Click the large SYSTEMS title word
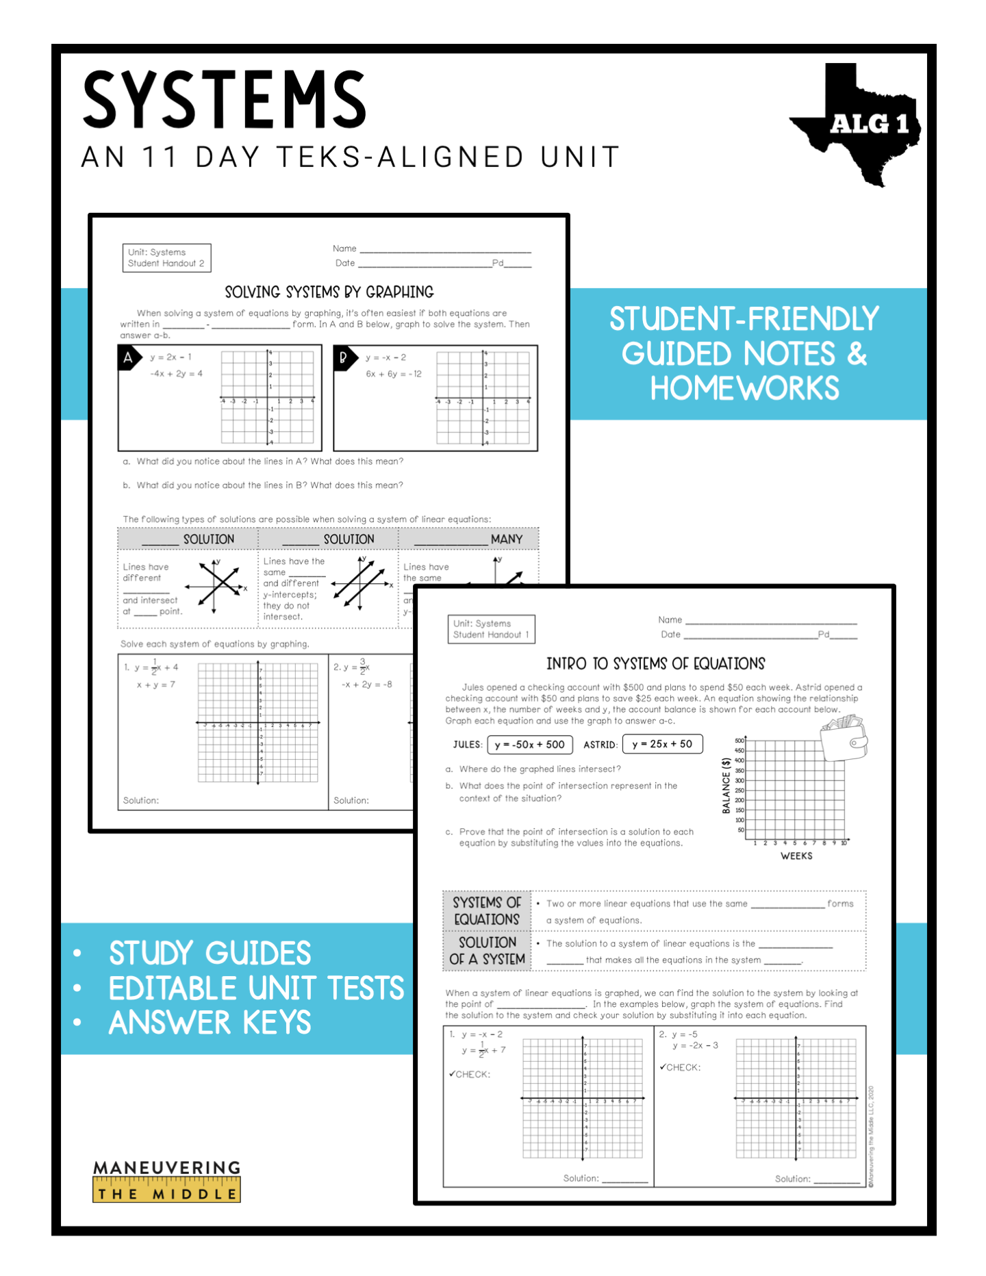225,100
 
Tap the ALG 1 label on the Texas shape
868,125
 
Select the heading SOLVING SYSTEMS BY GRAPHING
329,292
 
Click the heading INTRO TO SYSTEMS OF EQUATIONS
655,663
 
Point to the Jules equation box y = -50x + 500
529,744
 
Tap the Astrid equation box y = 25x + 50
661,744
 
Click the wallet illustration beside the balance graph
844,738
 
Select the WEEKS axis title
796,856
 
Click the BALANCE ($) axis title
726,785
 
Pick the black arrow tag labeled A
129,357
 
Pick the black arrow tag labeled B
344,357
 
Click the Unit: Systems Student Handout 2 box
166,258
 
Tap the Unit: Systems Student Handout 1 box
490,629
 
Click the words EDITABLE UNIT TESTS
256,988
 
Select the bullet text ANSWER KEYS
210,1023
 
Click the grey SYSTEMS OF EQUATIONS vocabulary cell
487,911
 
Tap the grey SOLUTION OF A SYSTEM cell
487,951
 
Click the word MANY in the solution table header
506,539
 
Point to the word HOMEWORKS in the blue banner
744,388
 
